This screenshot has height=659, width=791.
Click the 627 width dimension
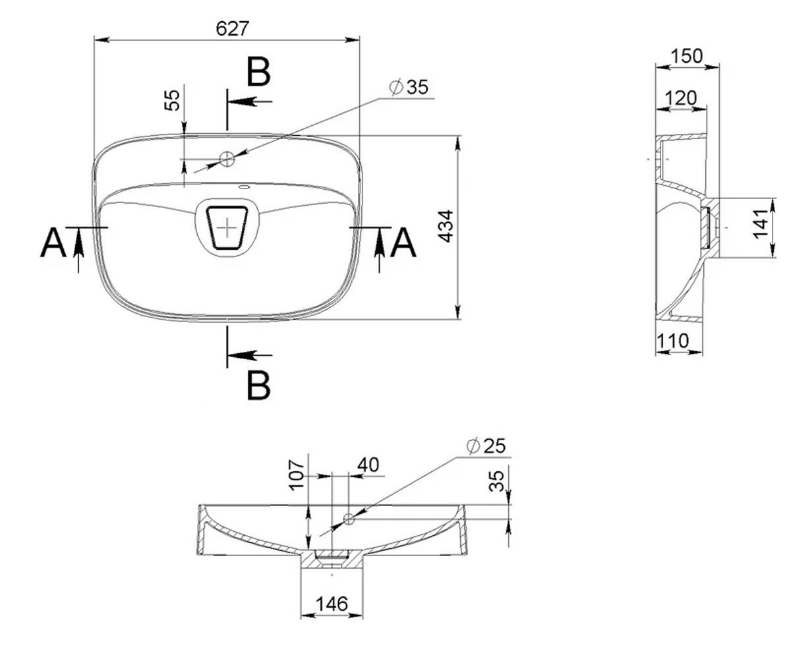point(233,29)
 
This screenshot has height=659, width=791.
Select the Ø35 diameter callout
point(409,87)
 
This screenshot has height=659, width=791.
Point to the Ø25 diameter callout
point(486,446)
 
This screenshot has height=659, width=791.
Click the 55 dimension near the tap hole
point(172,100)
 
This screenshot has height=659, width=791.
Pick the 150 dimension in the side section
point(687,56)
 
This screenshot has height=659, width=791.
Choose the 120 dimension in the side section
point(681,98)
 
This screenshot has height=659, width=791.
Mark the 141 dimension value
point(760,224)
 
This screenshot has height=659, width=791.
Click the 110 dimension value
point(672,341)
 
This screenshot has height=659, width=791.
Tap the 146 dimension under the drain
point(332,604)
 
